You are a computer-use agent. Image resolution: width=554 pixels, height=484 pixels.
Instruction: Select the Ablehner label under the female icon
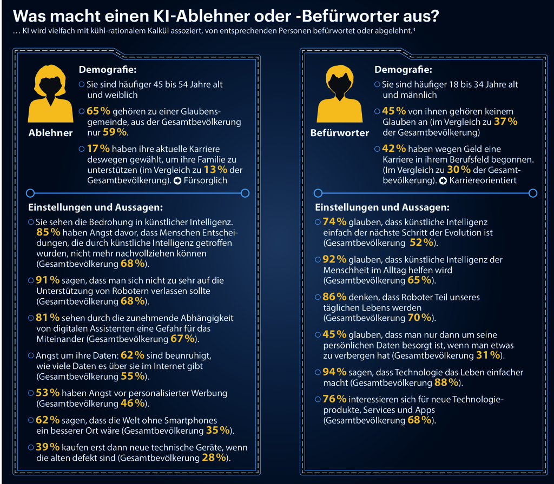click(x=50, y=133)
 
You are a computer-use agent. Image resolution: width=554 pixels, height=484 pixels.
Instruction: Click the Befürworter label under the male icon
click(x=339, y=133)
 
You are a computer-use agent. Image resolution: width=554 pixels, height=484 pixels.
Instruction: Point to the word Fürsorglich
click(x=206, y=181)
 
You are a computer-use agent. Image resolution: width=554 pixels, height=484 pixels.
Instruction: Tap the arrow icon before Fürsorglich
click(x=176, y=181)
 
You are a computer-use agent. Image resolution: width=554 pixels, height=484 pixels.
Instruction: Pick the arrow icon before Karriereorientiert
click(x=444, y=180)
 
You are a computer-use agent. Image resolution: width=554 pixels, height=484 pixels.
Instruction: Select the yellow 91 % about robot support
click(x=48, y=280)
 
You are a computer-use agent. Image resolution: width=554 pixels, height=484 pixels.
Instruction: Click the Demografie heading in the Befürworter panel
click(x=395, y=70)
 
